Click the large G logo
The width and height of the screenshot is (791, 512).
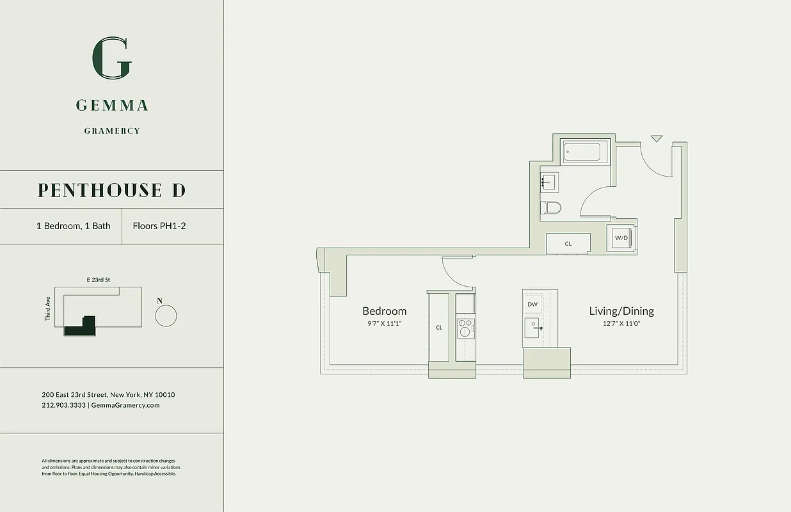point(112,58)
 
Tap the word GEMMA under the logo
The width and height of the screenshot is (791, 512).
point(112,106)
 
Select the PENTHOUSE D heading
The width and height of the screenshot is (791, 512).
point(111,190)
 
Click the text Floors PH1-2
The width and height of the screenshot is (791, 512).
point(159,226)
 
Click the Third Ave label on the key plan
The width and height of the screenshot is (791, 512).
point(48,308)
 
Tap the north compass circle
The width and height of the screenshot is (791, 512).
point(166,316)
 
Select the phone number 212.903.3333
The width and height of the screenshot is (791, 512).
point(63,405)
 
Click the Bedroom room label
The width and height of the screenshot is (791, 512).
point(384,311)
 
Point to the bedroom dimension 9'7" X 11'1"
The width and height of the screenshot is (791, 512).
point(384,324)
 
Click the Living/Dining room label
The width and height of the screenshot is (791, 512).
point(621,311)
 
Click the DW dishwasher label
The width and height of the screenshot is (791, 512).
point(532,304)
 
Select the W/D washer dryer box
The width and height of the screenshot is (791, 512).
point(621,238)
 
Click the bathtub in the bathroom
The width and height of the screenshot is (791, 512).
point(581,153)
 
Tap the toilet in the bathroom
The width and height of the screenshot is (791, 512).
point(550,207)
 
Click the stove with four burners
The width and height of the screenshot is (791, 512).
point(465,328)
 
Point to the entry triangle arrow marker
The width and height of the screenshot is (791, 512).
point(657,138)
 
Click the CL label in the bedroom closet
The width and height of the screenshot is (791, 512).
point(439,328)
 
